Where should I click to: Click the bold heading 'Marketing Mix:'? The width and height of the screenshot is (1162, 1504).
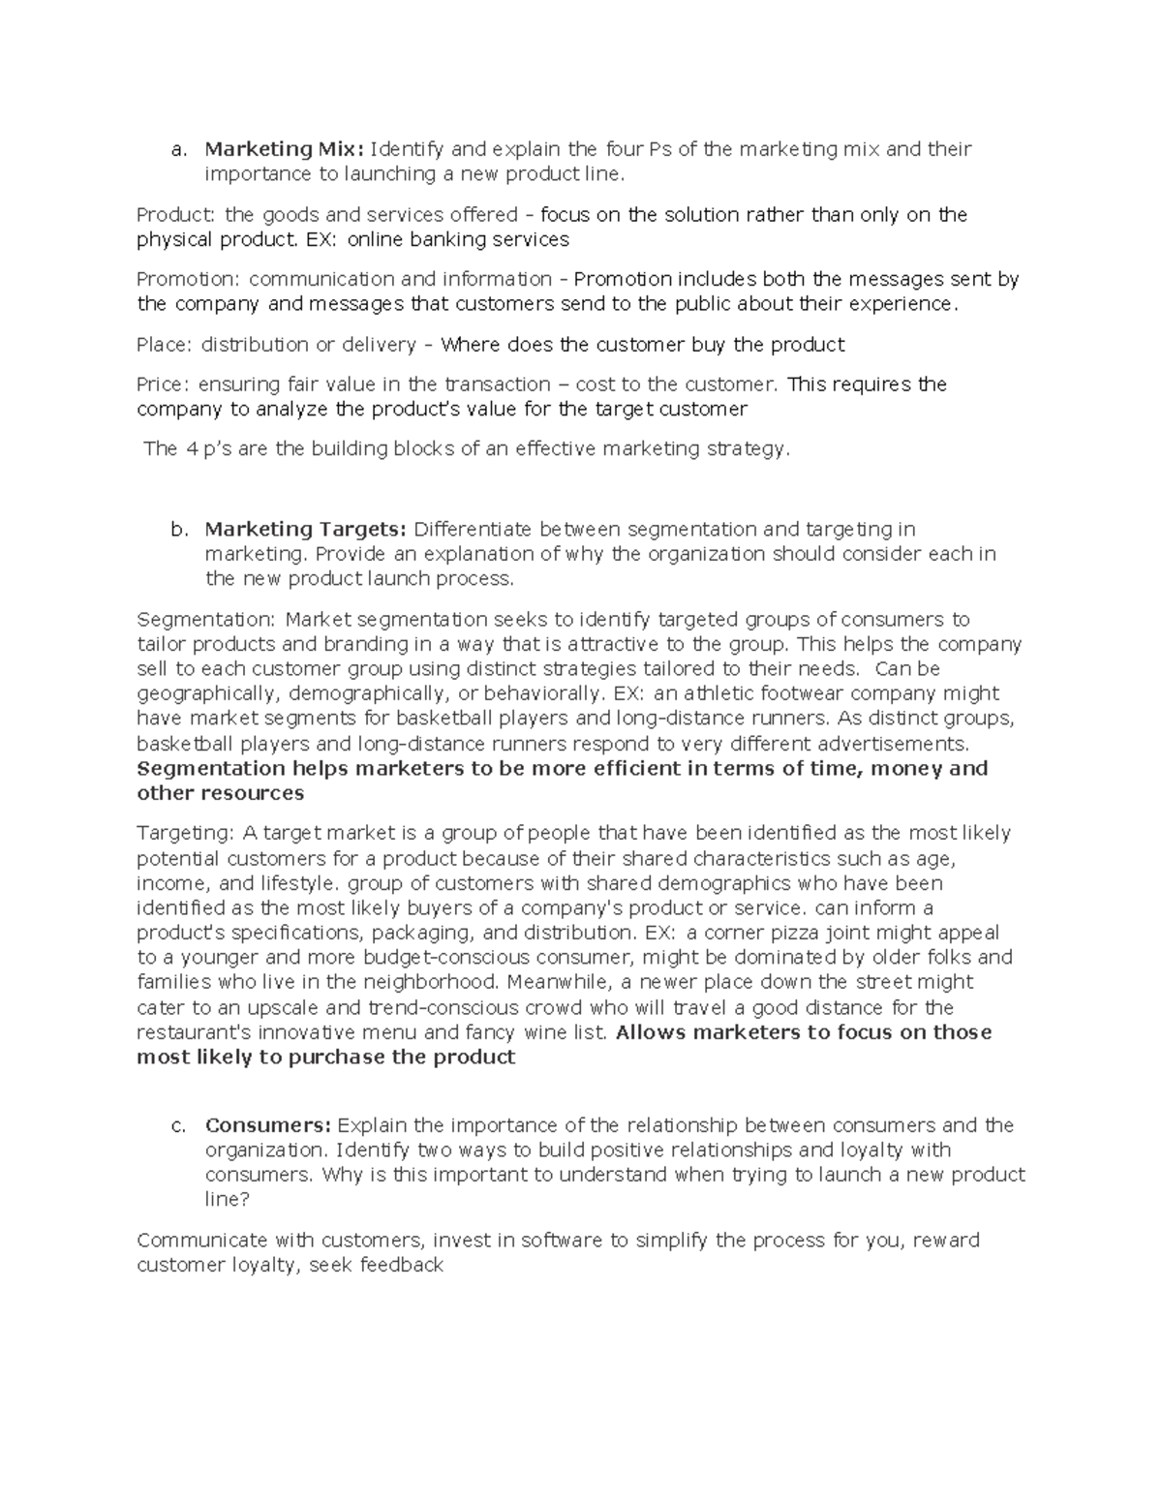click(283, 149)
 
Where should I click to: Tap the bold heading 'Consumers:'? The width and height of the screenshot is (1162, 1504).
click(268, 1125)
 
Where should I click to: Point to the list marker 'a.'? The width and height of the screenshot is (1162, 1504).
click(176, 150)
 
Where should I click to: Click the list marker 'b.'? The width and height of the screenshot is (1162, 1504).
click(176, 530)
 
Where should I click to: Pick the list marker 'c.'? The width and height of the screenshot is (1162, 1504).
click(176, 1126)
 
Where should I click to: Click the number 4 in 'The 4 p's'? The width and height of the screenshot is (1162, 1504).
click(190, 448)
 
